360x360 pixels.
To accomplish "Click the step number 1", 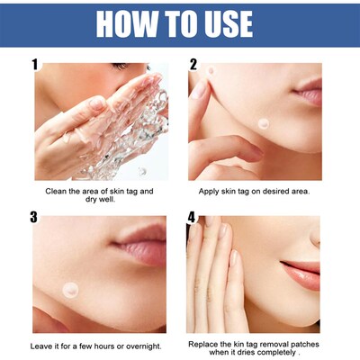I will click(x=35, y=65).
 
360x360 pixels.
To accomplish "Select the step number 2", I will click(x=193, y=65).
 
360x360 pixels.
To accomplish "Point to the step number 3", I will click(x=35, y=217).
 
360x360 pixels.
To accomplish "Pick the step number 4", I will click(x=193, y=217).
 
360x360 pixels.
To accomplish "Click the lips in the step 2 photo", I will click(x=310, y=92).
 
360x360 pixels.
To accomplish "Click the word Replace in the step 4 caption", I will click(x=204, y=345).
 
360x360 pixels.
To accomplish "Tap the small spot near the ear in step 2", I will click(x=210, y=71).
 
